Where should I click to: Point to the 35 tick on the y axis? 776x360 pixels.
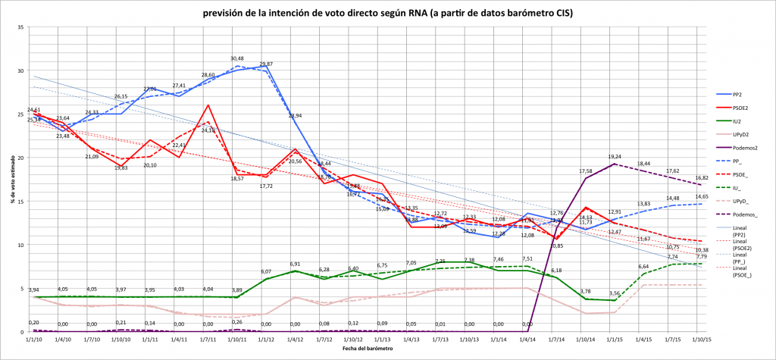tap(21, 27)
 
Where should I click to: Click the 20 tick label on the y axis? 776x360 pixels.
tap(21, 158)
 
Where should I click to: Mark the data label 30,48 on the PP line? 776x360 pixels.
tap(237, 58)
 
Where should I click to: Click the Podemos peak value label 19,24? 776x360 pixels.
tap(615, 157)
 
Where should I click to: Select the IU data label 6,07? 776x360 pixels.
tap(266, 271)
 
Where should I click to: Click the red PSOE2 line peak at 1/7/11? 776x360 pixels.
tap(208, 105)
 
